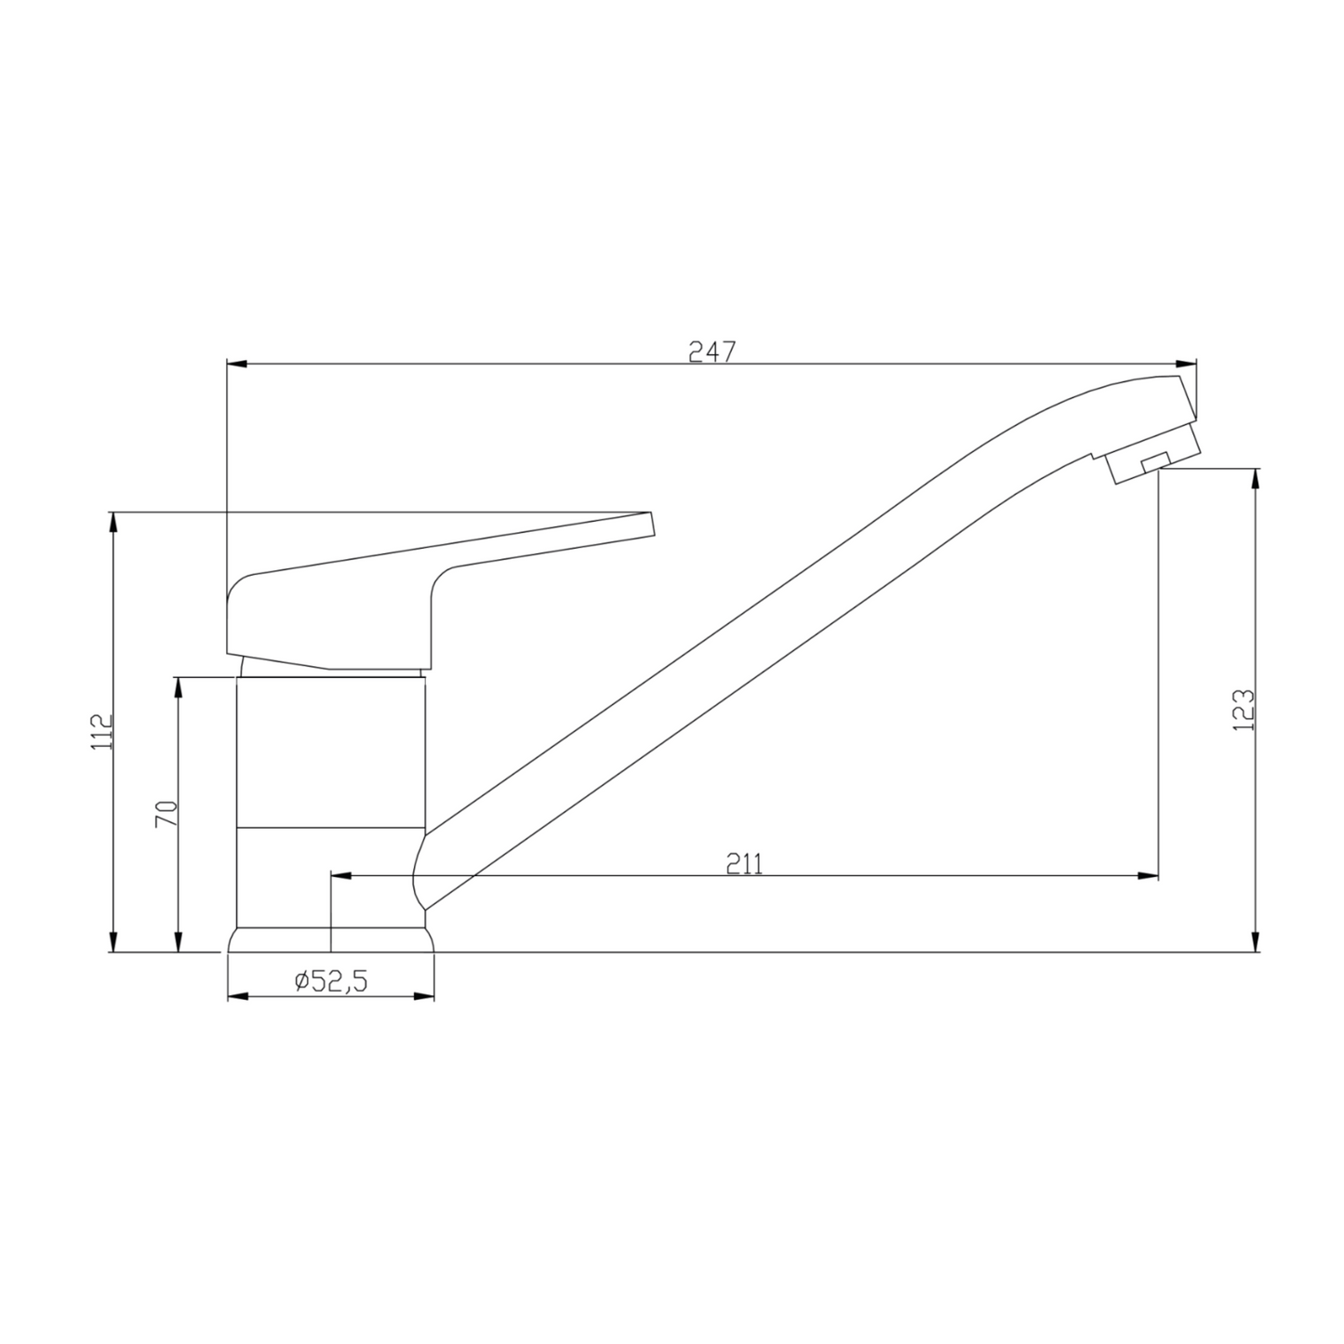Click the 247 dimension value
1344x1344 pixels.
[x=712, y=352]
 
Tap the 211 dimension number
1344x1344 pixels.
[x=744, y=864]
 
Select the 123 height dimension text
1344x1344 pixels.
[x=1244, y=710]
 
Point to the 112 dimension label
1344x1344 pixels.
[x=101, y=732]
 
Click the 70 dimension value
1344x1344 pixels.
[x=166, y=814]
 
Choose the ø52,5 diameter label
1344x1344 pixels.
[x=330, y=981]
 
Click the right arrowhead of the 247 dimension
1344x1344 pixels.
[x=1187, y=364]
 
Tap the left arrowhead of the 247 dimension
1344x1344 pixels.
[x=237, y=364]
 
